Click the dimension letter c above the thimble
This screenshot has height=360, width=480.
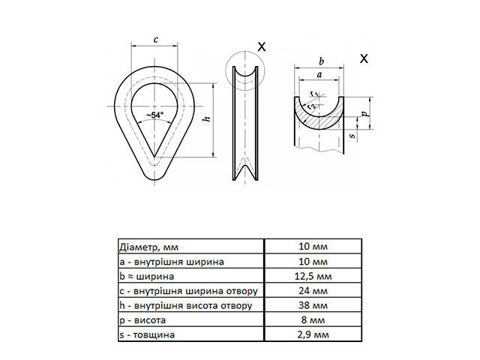[154, 40]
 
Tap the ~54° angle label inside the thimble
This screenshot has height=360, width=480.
[155, 115]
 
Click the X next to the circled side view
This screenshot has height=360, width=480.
[261, 46]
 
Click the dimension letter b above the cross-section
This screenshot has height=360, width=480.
[321, 60]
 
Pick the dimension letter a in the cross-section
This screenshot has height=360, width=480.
[320, 74]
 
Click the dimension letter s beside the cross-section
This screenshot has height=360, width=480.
[352, 135]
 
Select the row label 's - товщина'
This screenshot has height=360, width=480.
[147, 334]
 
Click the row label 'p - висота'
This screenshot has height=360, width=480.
[143, 320]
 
